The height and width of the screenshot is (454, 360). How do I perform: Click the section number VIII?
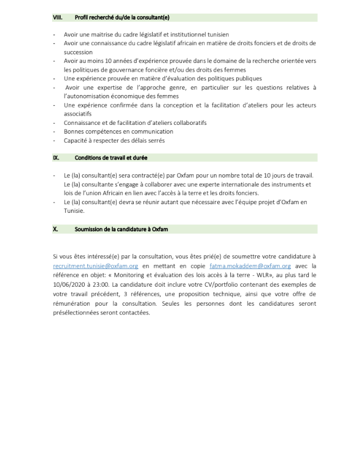point(58,17)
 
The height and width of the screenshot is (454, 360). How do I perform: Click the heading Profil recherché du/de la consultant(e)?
point(122,17)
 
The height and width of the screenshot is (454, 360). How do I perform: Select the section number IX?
point(56,158)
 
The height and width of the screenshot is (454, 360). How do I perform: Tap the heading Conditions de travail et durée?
point(111,158)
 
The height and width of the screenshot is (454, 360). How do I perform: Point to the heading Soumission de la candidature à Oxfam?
point(121,229)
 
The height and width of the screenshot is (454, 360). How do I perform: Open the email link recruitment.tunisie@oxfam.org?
point(96,266)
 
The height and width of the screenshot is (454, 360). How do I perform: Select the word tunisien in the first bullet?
point(217,34)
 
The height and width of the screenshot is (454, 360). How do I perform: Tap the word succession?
point(78,52)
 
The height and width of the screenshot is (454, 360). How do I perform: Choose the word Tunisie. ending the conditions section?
point(74,211)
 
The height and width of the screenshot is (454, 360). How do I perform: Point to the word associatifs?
point(78,114)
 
